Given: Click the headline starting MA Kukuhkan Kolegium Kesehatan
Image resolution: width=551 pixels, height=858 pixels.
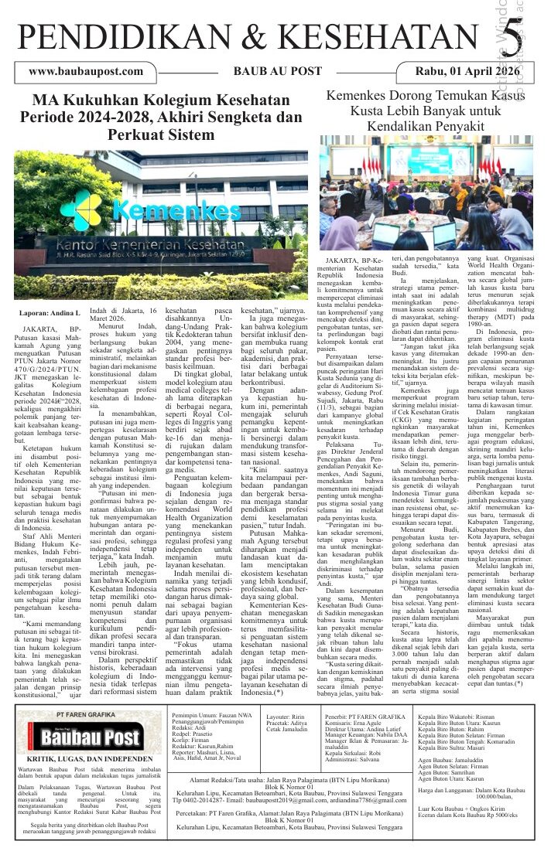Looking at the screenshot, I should [161, 117].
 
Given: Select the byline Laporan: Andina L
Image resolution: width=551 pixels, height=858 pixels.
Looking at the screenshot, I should [49, 313].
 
